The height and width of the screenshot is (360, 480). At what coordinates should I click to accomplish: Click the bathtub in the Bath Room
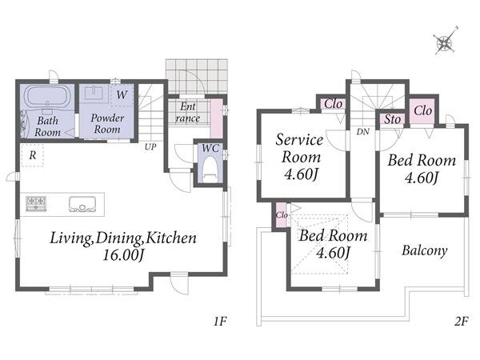47,95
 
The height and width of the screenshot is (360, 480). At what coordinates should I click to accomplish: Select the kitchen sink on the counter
82,204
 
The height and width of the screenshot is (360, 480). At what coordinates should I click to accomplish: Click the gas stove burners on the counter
36,203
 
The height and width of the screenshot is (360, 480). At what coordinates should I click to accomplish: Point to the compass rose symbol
446,42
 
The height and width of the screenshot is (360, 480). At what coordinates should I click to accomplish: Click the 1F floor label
220,322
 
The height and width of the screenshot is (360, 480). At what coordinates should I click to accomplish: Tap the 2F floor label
461,322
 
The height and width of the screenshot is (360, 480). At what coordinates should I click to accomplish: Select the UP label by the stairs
150,147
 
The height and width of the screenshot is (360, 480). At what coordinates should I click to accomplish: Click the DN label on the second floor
362,132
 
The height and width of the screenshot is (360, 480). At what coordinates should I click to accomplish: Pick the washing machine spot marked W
122,94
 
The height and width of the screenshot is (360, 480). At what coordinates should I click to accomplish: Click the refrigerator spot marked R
33,155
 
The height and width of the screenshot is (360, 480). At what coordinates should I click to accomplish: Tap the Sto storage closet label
392,119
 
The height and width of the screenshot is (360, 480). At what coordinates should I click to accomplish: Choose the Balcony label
424,250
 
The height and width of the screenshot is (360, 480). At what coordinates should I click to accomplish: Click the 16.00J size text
122,254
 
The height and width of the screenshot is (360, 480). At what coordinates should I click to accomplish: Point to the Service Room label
299,149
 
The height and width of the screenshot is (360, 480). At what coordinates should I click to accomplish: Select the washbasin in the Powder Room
95,93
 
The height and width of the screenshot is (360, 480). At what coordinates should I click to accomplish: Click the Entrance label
188,112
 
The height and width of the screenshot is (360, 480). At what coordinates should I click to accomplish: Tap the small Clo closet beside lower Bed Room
281,215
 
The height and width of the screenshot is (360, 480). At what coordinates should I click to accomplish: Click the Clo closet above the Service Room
333,104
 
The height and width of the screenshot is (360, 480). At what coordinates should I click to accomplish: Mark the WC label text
210,149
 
